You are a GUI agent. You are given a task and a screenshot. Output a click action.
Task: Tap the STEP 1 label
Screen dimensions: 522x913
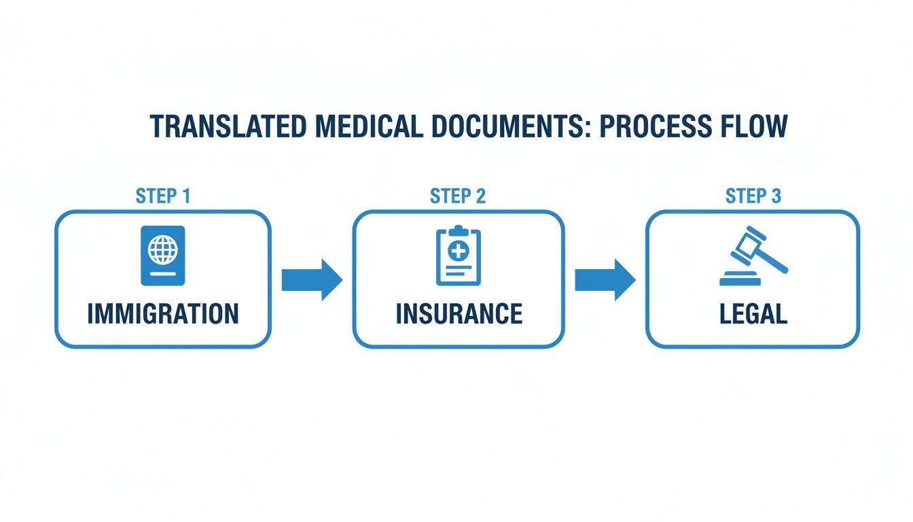(x=163, y=196)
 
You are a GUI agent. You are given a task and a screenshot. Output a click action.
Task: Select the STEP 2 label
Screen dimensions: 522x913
(x=458, y=196)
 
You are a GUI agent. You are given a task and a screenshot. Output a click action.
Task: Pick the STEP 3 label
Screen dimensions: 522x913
(x=753, y=196)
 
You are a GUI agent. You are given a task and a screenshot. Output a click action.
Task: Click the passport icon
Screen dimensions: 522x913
(x=162, y=255)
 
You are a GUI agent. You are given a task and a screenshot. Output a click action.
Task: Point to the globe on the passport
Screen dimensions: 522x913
(x=162, y=249)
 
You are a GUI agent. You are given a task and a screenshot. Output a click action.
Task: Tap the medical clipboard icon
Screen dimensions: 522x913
(x=458, y=256)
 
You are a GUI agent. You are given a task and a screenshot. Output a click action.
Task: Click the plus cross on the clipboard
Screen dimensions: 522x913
(x=459, y=251)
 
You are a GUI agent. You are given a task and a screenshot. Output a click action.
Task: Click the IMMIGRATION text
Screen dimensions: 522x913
(x=163, y=313)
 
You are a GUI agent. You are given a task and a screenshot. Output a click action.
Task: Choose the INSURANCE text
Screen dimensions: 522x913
(x=459, y=313)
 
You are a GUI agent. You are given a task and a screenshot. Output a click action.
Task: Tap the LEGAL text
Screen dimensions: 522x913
(x=753, y=313)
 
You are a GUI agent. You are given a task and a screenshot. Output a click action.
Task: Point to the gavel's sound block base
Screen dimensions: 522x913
(x=741, y=279)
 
